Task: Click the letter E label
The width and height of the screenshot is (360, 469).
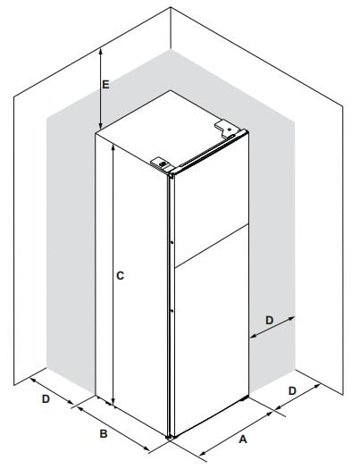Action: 105,85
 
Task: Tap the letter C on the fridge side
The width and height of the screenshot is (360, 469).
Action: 120,275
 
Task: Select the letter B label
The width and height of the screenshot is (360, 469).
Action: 104,433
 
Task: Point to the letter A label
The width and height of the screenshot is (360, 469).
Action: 243,440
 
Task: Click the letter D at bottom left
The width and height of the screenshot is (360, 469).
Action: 46,398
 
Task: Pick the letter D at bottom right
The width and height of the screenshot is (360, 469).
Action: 292,390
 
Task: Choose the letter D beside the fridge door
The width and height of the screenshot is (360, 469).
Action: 270,321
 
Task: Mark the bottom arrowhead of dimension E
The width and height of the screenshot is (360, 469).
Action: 101,126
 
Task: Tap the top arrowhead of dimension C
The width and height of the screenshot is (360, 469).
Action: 113,147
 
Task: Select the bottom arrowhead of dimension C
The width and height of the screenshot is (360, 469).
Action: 113,402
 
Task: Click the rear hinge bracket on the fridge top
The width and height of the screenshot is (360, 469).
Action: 228,129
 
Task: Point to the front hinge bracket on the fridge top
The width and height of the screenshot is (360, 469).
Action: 162,163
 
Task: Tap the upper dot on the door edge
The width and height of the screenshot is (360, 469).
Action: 172,243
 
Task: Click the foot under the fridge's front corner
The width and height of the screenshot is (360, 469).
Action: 169,438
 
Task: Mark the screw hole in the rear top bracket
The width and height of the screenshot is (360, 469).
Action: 230,130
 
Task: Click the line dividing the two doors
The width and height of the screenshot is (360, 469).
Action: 211,246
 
